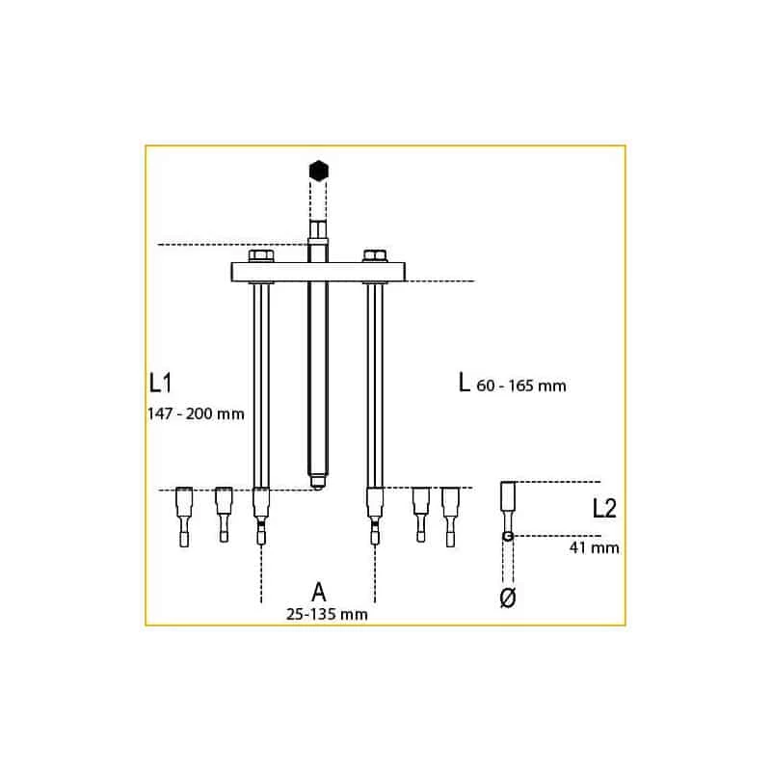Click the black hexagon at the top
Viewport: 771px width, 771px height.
tap(319, 171)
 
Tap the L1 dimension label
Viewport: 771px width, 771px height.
tap(160, 383)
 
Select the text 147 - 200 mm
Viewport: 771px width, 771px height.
tap(196, 414)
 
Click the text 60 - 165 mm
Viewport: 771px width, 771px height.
tap(521, 385)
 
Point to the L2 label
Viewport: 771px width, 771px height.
tap(604, 509)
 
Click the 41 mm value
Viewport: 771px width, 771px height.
tap(594, 547)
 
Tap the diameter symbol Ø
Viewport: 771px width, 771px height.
tap(508, 598)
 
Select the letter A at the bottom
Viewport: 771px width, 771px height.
tap(319, 592)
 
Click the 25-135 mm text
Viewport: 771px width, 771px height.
tap(327, 614)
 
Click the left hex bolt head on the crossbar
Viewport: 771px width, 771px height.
tap(261, 256)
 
